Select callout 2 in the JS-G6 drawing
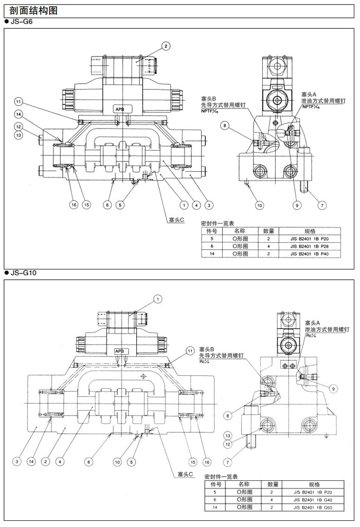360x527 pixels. click(x=166, y=46)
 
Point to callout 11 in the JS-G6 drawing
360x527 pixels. click(x=19, y=101)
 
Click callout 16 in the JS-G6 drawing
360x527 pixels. click(x=74, y=205)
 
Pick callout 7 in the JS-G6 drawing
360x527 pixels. click(x=322, y=206)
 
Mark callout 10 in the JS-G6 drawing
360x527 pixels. click(x=260, y=206)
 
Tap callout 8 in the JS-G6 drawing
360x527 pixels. click(x=225, y=125)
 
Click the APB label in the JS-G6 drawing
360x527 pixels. click(x=119, y=109)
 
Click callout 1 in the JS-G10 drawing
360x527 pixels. click(x=158, y=298)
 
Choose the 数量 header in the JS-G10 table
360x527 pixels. click(x=274, y=484)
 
